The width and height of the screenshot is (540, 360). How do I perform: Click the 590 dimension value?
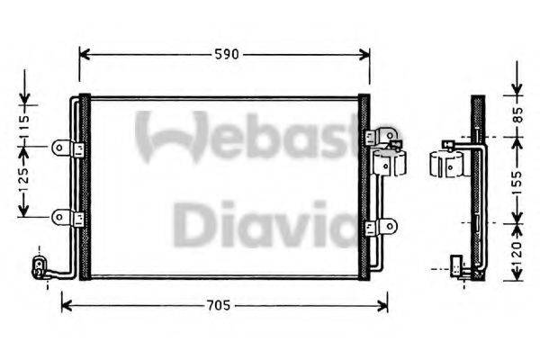pos(225,54)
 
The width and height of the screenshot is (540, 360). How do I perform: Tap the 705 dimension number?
pos(217,306)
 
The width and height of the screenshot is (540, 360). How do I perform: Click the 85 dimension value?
pos(517,114)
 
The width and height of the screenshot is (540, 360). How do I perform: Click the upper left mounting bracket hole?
pos(59,147)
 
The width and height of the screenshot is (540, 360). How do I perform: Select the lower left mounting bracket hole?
pos(59,216)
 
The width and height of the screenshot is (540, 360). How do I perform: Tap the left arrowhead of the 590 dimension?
pos(84,54)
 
